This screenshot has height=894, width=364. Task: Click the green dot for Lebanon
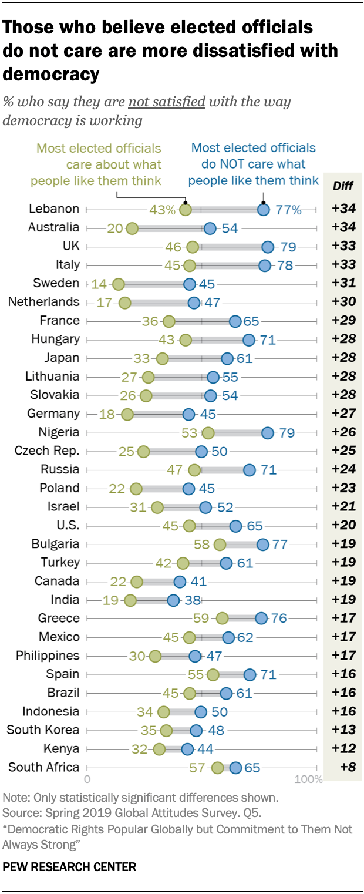[x=186, y=209]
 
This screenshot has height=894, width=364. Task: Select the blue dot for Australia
[x=210, y=228]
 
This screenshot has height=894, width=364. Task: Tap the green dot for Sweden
[x=119, y=284]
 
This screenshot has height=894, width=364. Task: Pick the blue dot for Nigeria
[x=268, y=433]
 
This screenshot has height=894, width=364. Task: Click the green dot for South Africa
[x=218, y=768]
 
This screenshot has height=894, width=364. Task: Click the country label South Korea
[x=43, y=730]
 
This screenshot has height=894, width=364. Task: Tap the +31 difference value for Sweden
[x=343, y=284]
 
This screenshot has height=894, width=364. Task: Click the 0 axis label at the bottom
[x=87, y=780]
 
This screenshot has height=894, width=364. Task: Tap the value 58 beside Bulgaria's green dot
[x=202, y=545]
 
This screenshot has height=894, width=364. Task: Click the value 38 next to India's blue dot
[x=192, y=600]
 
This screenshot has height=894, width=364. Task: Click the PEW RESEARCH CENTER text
[x=69, y=867]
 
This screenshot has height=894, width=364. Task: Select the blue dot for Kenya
[x=187, y=749]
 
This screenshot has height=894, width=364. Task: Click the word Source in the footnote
[x=19, y=814]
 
